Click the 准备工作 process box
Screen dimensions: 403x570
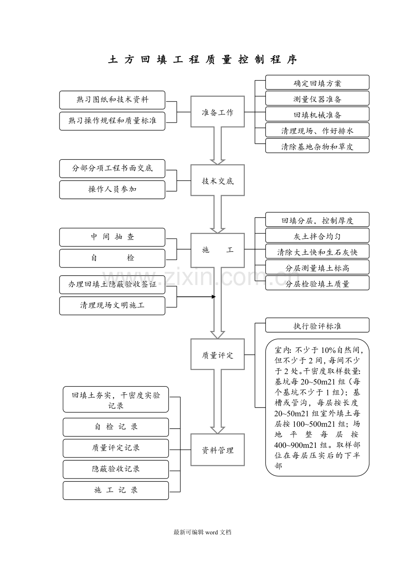pyautogui.click(x=217, y=112)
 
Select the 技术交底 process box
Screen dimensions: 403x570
pyautogui.click(x=217, y=180)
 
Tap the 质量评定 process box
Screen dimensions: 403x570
pyautogui.click(x=217, y=354)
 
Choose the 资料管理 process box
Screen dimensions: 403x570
pyautogui.click(x=217, y=450)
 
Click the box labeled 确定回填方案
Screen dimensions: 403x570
pyautogui.click(x=317, y=82)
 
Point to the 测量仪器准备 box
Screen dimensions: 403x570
pyautogui.click(x=317, y=98)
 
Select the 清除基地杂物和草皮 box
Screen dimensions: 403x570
pyautogui.click(x=317, y=145)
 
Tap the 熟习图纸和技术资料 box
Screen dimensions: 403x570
pyautogui.click(x=112, y=100)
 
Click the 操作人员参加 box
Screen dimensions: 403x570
pyautogui.click(x=112, y=190)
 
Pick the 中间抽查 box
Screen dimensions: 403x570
pyautogui.click(x=112, y=237)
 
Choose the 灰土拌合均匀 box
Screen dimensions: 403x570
pyautogui.click(x=317, y=236)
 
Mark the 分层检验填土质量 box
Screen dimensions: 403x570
pyautogui.click(x=317, y=283)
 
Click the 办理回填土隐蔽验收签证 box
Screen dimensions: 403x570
pyautogui.click(x=112, y=285)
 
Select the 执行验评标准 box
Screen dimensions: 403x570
pyautogui.click(x=317, y=325)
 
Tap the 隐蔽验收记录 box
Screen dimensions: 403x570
pyautogui.click(x=116, y=469)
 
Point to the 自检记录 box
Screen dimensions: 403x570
pyautogui.click(x=116, y=427)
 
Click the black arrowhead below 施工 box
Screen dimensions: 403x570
pyautogui.click(x=214, y=297)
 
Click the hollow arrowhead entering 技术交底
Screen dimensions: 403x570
pyautogui.click(x=217, y=162)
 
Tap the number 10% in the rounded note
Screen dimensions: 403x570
pyautogui.click(x=329, y=350)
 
